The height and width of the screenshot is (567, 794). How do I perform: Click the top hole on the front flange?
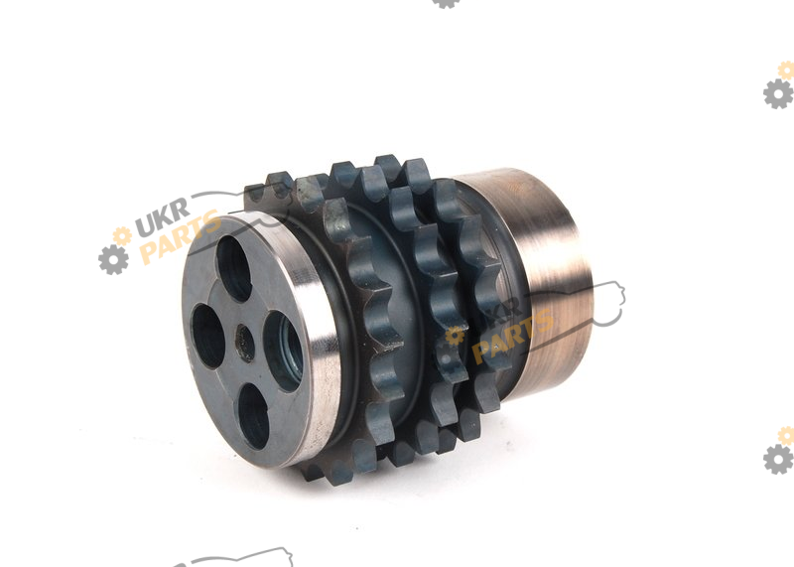234,268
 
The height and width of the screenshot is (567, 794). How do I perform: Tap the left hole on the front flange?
207,336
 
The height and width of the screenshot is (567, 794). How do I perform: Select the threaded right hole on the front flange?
284,351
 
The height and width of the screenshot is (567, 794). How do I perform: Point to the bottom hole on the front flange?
253,416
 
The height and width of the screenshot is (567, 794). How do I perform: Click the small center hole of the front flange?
245,343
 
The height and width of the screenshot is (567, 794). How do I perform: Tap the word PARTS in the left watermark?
180,236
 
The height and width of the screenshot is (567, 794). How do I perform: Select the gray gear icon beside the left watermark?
113,260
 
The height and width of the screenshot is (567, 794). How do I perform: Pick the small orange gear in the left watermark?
122,235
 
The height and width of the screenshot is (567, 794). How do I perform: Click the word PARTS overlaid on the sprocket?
512,336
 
